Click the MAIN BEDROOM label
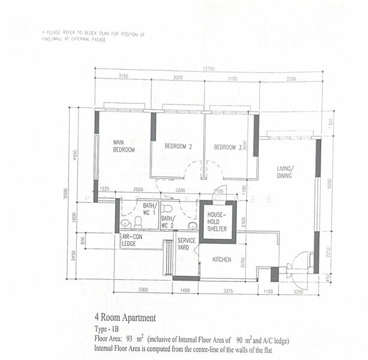pyautogui.click(x=124, y=146)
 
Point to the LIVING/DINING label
pyautogui.click(x=285, y=172)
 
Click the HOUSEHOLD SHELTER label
pyautogui.click(x=218, y=221)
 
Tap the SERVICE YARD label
pyautogui.click(x=186, y=244)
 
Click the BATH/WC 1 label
pyautogui.click(x=149, y=209)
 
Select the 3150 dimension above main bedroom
pyautogui.click(x=124, y=77)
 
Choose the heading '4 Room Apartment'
pyautogui.click(x=125, y=317)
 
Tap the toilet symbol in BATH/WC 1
pyautogui.click(x=137, y=223)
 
